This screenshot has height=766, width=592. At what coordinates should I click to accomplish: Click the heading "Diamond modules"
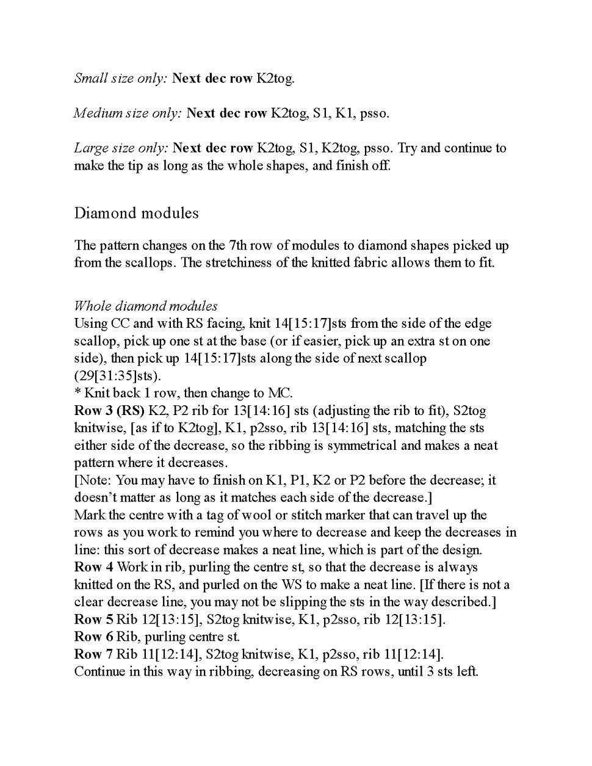(136, 213)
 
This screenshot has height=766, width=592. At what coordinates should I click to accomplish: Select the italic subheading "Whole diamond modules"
(145, 306)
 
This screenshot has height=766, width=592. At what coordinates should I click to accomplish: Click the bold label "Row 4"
(93, 567)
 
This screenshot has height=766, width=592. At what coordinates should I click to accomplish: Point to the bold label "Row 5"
(93, 620)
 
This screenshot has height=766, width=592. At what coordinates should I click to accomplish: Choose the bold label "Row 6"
(93, 637)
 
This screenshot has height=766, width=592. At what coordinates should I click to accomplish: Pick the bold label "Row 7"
(93, 654)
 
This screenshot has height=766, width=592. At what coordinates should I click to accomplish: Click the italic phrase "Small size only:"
(120, 78)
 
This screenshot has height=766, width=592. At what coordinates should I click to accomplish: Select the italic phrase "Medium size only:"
(128, 113)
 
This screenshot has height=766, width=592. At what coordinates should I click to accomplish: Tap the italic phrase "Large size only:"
(121, 148)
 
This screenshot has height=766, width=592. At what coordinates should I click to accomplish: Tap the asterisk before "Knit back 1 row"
(78, 392)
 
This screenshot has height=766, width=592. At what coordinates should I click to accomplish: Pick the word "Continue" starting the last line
(98, 671)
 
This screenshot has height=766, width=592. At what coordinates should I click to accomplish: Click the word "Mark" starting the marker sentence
(89, 515)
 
